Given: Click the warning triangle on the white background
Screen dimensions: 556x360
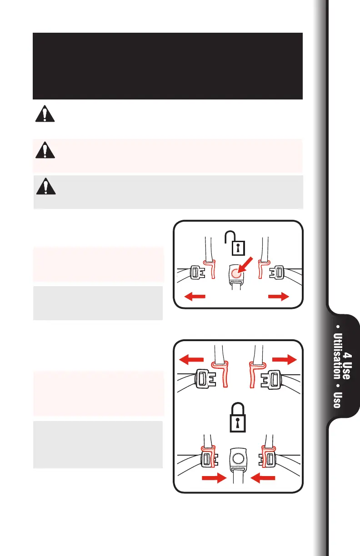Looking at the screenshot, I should pos(45,114).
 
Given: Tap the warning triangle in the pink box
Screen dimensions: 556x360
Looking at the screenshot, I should pos(45,150).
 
